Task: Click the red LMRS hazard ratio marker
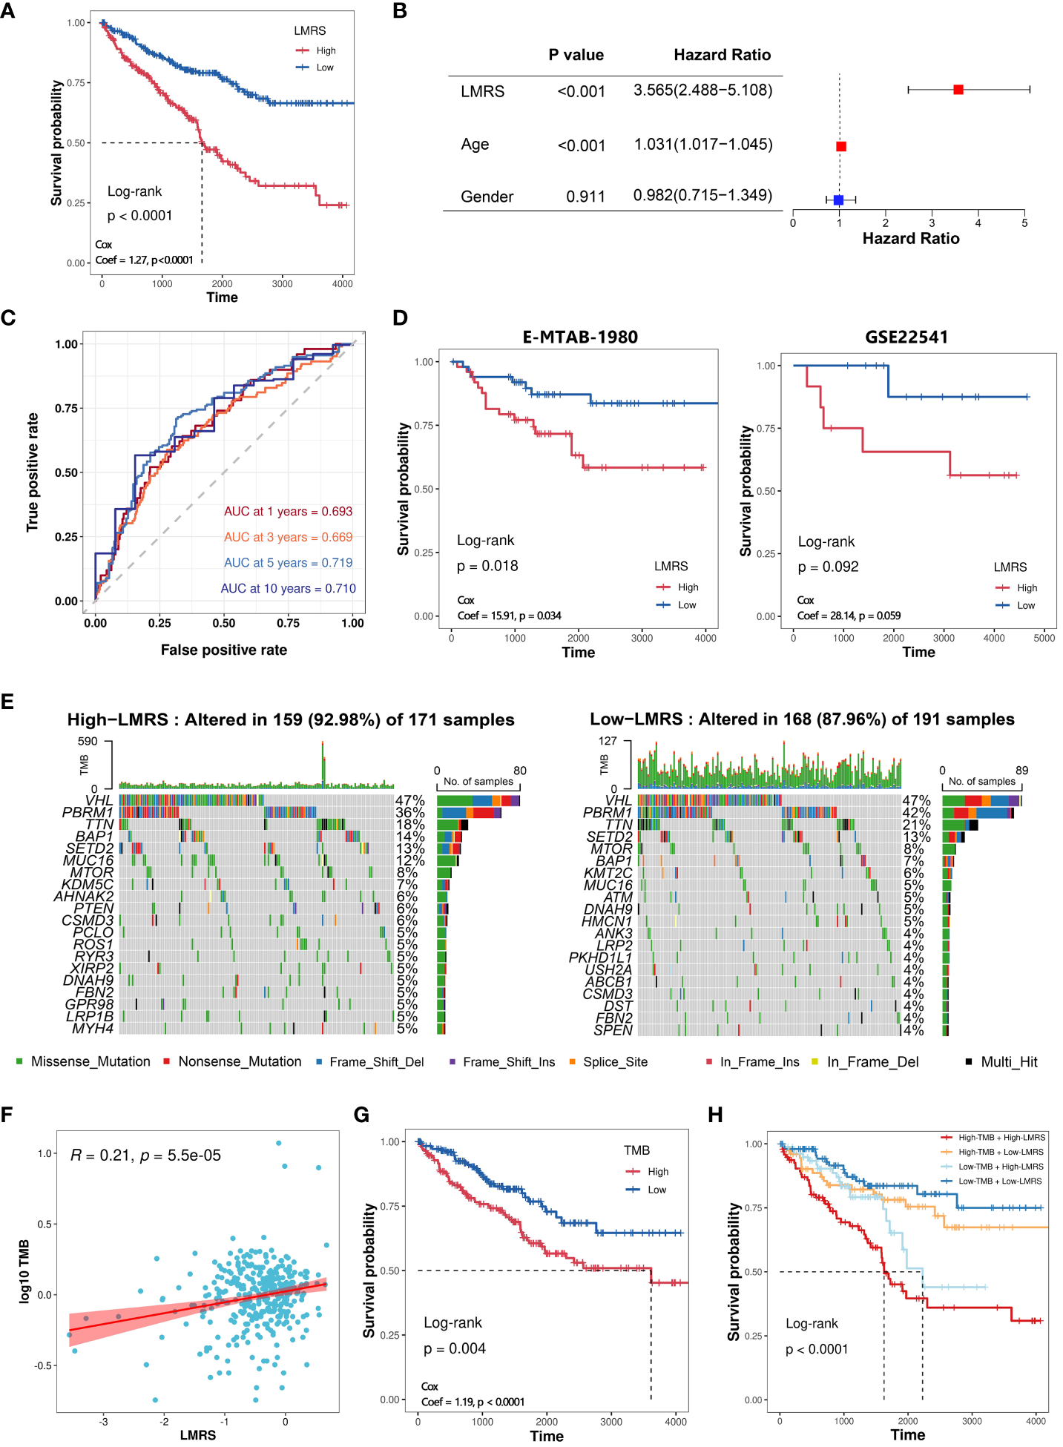(958, 90)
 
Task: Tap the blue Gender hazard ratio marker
(838, 200)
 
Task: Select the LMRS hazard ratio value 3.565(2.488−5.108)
(702, 90)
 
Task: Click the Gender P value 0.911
(585, 197)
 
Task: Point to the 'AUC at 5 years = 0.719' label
(288, 563)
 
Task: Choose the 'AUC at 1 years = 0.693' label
(288, 512)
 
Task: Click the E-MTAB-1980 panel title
(580, 337)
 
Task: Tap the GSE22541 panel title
(906, 337)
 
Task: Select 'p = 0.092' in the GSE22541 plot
(828, 567)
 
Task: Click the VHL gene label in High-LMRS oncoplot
(99, 800)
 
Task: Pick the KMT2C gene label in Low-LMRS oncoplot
(608, 873)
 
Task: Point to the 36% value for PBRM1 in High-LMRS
(410, 813)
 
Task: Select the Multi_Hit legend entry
(1008, 1062)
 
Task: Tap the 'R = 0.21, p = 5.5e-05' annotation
(145, 1156)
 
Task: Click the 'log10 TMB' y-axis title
(24, 1271)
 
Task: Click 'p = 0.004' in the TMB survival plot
(454, 1348)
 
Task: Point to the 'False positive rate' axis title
(223, 650)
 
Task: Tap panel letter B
(400, 11)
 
